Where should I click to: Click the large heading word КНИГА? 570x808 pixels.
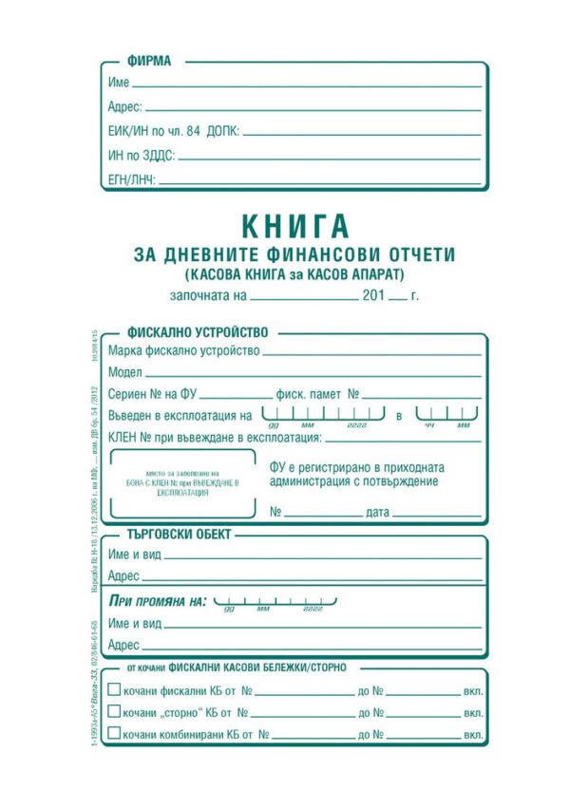(295, 226)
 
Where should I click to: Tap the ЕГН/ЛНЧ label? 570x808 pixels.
(131, 179)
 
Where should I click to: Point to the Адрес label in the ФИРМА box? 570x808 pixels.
(124, 107)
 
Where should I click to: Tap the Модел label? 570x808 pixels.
(125, 372)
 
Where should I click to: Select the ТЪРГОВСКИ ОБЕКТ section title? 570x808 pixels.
(170, 534)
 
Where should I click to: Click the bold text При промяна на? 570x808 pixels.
(158, 601)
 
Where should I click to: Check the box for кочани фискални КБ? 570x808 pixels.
(115, 691)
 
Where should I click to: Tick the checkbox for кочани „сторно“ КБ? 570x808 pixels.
(115, 712)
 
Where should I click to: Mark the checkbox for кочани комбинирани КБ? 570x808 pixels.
(115, 734)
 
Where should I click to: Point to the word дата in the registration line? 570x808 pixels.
(377, 513)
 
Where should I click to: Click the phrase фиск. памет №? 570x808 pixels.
(315, 393)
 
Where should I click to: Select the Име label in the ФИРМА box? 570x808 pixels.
(119, 84)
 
